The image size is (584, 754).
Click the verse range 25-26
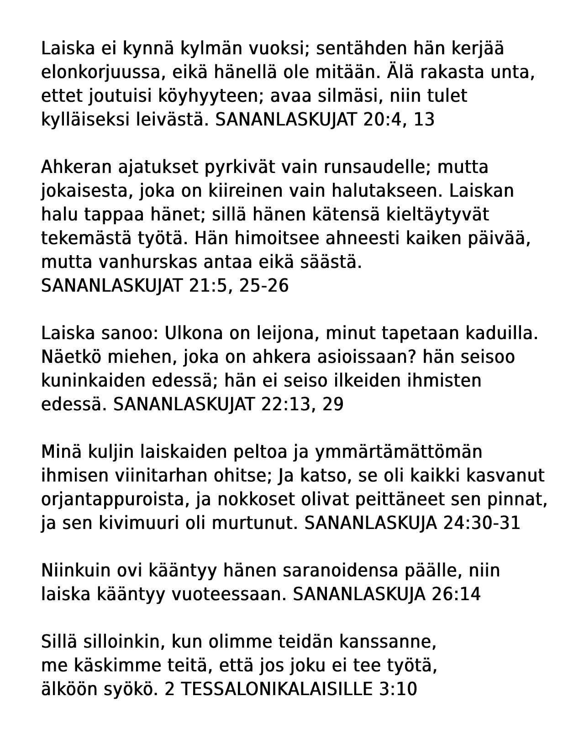[264, 286]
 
